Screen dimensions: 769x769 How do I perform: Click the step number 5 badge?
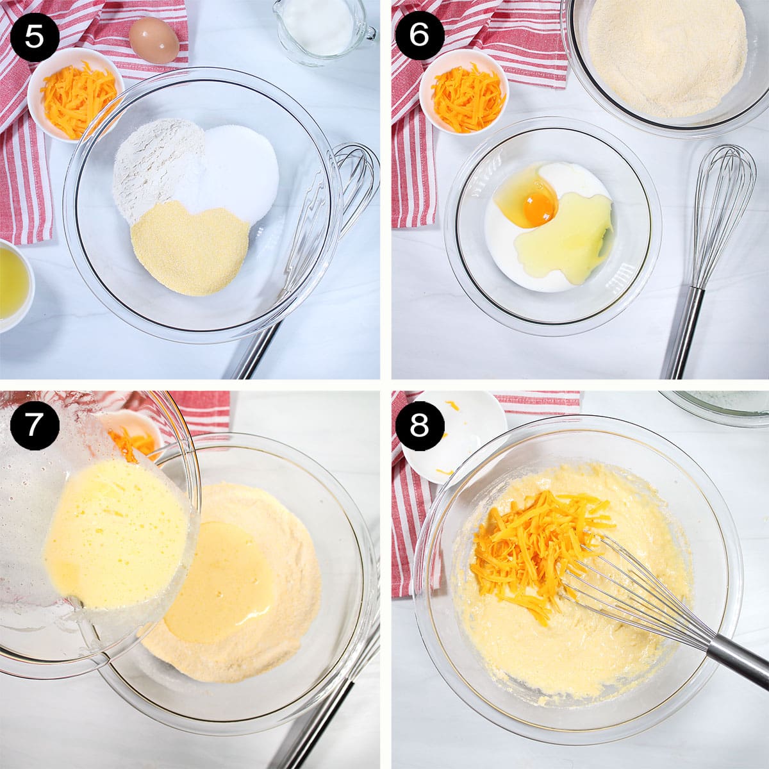[34, 36]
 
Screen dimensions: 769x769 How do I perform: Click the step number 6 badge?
[419, 36]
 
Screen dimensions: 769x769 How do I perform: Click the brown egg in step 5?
[154, 40]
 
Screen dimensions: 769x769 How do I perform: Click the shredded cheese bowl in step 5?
[74, 95]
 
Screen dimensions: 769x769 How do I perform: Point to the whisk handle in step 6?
[684, 333]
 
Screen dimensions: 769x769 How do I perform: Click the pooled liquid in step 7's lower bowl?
[221, 583]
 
